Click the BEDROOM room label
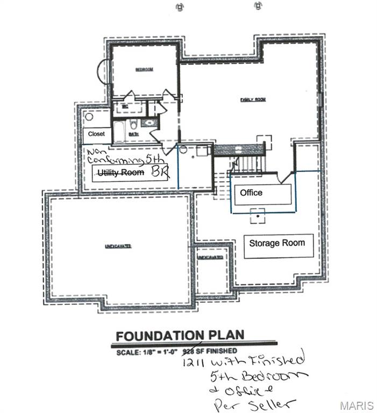[144, 69]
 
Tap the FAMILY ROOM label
[252, 99]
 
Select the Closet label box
[97, 134]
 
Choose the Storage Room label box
[277, 243]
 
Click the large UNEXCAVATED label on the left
[118, 246]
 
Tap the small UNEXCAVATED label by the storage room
[210, 258]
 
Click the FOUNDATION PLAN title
[180, 336]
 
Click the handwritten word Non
[97, 152]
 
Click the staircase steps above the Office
[249, 162]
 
